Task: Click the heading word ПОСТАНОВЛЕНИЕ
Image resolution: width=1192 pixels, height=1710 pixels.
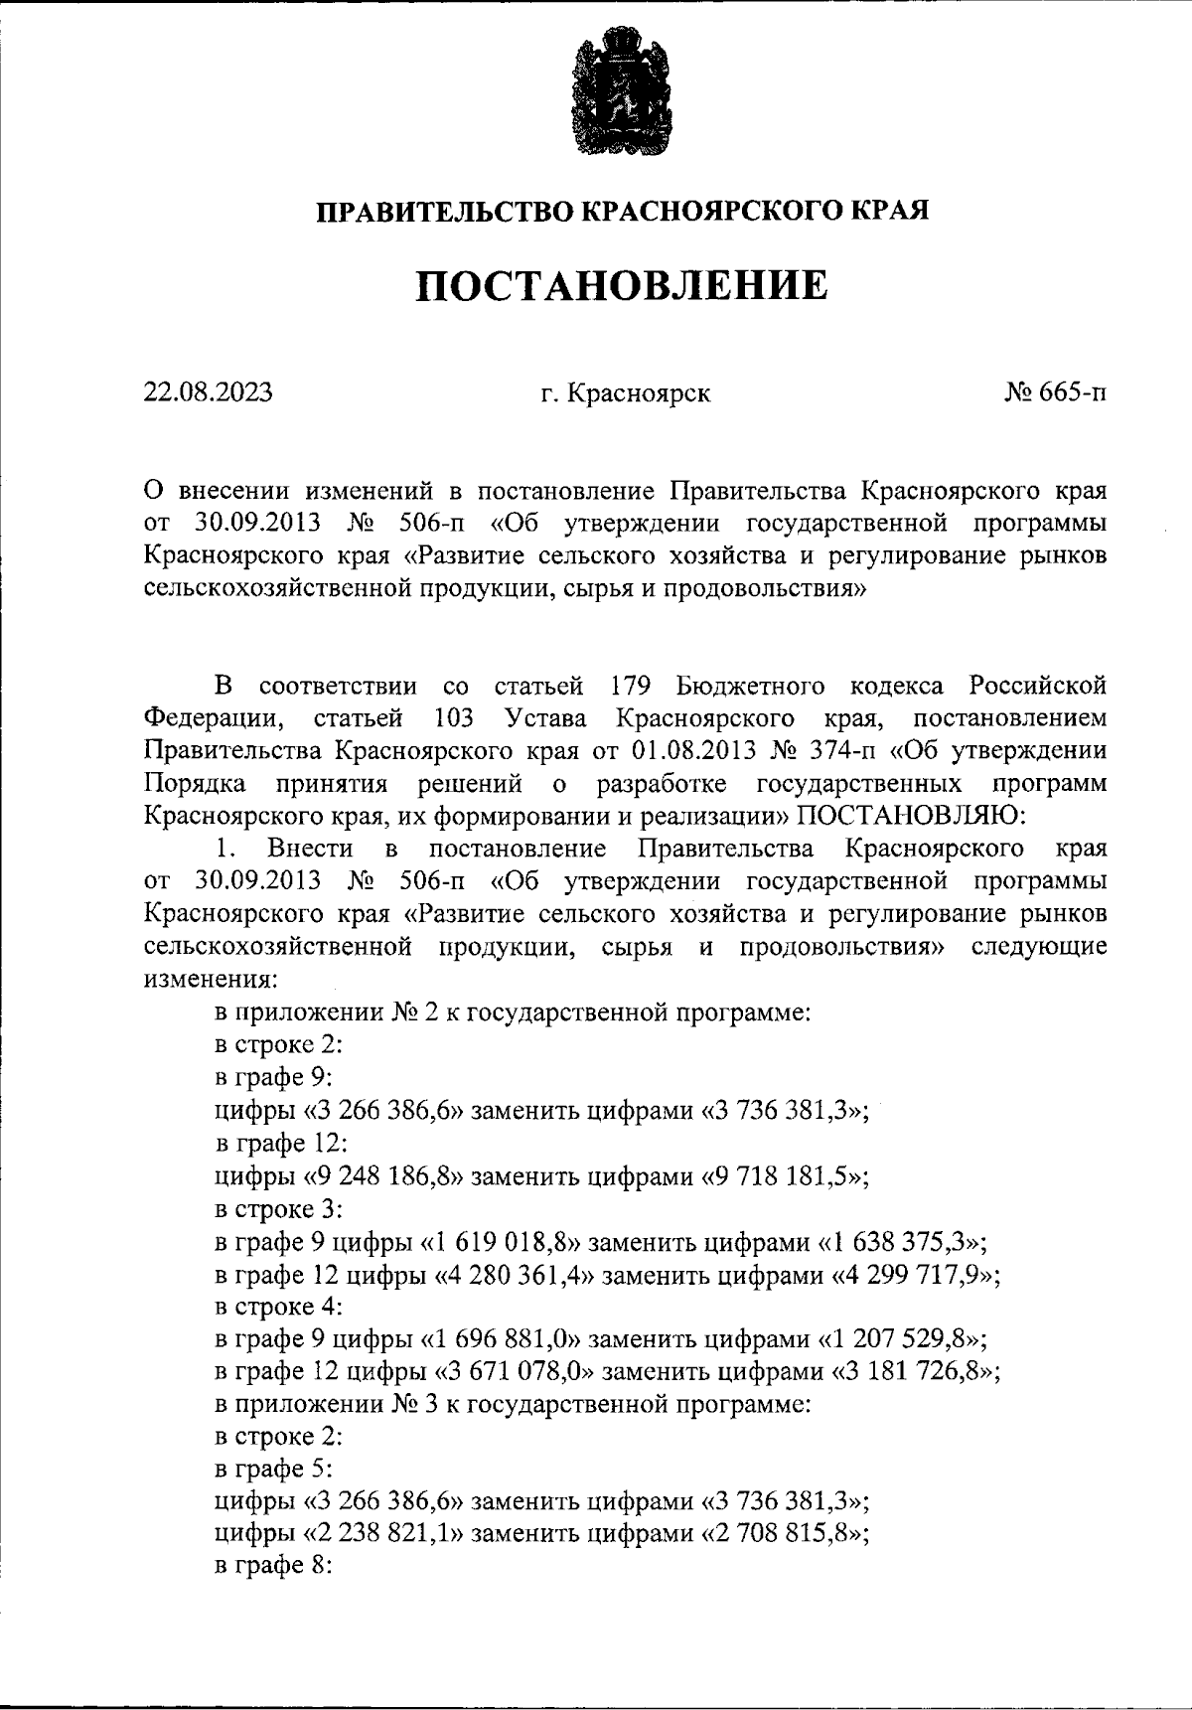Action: click(x=621, y=286)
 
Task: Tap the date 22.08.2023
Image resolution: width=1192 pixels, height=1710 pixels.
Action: click(x=208, y=392)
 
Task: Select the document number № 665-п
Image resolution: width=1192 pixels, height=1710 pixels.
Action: click(x=1054, y=392)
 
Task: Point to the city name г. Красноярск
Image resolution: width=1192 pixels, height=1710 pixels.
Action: click(x=626, y=393)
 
